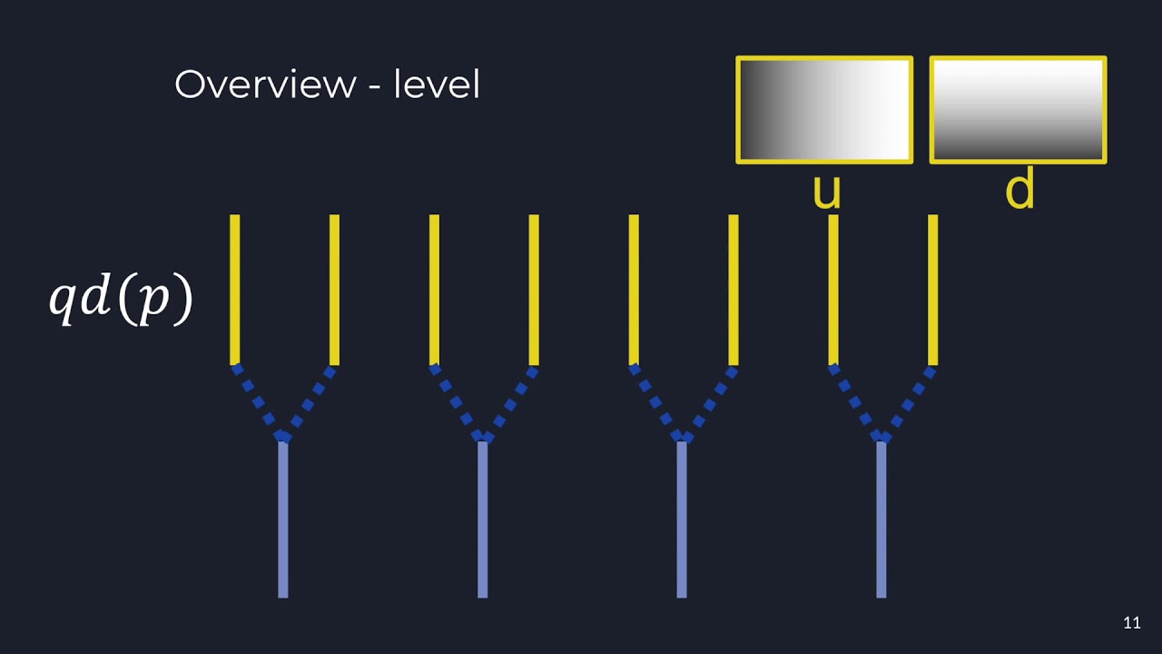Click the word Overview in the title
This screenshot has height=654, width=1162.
coord(265,84)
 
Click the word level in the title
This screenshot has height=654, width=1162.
coord(437,84)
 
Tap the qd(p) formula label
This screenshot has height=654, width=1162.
coord(121,299)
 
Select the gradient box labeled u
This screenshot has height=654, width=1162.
coord(824,110)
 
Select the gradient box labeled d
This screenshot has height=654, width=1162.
coord(1018,110)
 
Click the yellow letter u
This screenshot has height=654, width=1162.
coord(826,192)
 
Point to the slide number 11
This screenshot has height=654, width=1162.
coord(1131,623)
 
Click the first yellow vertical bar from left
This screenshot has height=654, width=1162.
coord(235,289)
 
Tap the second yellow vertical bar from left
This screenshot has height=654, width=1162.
coord(334,289)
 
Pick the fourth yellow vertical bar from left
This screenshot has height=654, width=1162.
coord(534,289)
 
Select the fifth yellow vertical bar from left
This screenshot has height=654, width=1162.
coord(634,289)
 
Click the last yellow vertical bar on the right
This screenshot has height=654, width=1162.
coord(933,289)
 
